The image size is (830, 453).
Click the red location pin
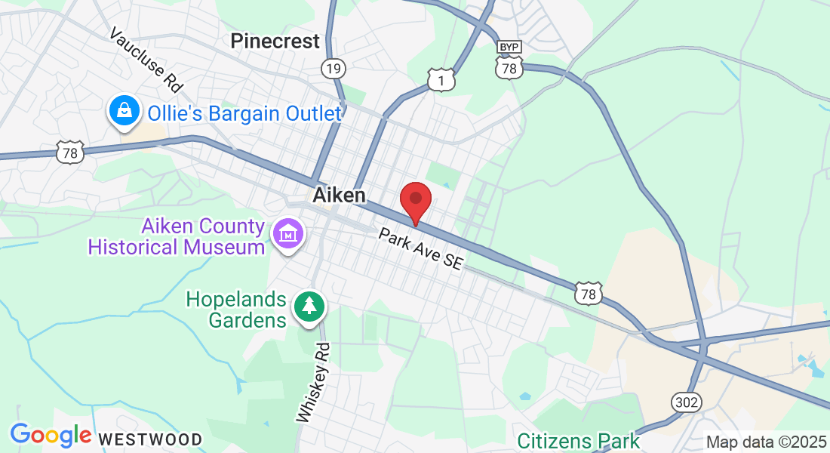click(415, 201)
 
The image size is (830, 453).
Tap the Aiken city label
click(339, 196)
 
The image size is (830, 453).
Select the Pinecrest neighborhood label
click(275, 41)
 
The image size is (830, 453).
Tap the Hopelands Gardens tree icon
click(309, 307)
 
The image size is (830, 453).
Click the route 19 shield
click(334, 69)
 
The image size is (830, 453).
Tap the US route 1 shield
click(441, 80)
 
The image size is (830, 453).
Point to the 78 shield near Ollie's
click(70, 153)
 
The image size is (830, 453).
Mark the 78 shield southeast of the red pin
click(589, 293)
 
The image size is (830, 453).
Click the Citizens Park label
click(579, 441)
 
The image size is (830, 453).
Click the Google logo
click(51, 435)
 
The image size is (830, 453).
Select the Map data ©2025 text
click(765, 442)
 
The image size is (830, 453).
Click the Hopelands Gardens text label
click(237, 310)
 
